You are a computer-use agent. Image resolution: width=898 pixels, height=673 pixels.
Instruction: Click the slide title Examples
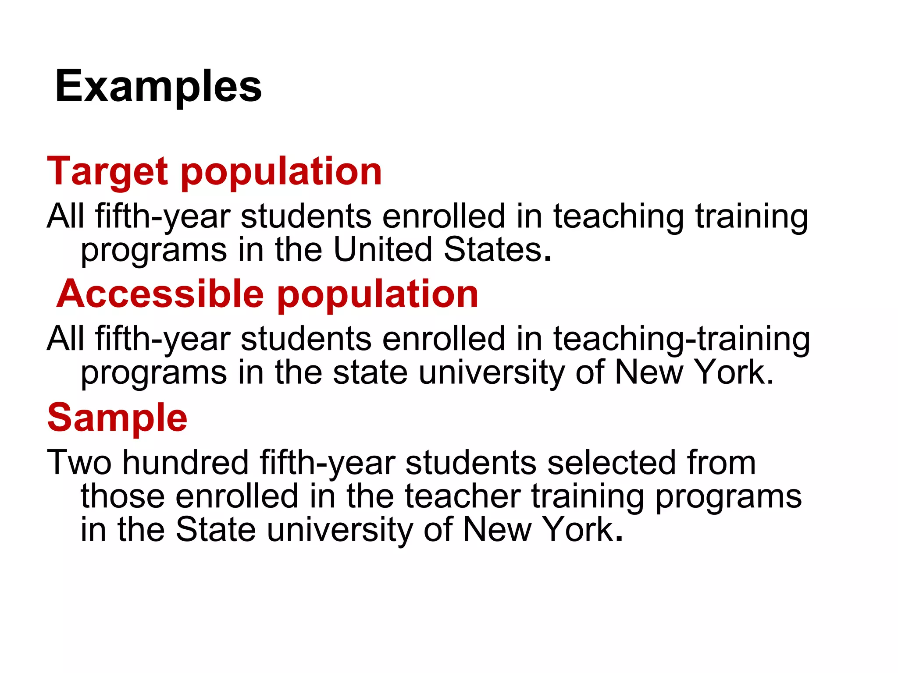click(158, 87)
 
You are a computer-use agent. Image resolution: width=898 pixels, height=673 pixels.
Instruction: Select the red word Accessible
click(160, 294)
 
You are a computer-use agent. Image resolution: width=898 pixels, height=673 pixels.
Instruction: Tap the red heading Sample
click(117, 418)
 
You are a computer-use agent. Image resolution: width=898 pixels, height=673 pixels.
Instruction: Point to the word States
click(493, 250)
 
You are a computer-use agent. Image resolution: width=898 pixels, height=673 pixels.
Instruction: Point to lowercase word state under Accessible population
click(371, 372)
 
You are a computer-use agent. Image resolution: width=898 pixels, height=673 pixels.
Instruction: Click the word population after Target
click(281, 172)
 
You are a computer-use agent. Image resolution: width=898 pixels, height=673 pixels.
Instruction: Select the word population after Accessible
click(378, 294)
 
